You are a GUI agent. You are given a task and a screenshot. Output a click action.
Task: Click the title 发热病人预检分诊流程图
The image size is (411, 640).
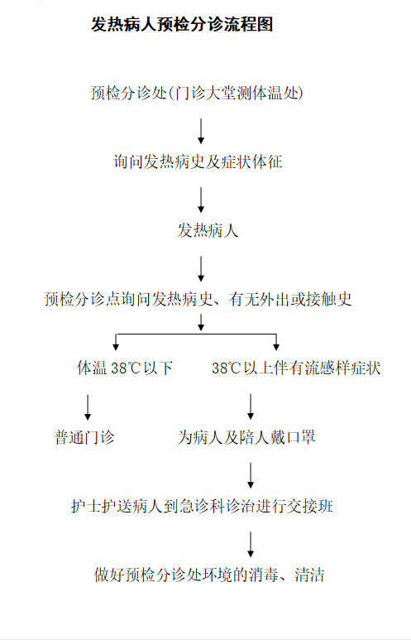tap(182, 25)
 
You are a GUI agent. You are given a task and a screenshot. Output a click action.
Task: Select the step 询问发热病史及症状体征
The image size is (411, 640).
tap(198, 161)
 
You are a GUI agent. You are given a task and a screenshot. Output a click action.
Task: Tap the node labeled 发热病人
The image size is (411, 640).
tap(208, 230)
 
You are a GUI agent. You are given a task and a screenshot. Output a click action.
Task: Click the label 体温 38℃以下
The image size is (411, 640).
tap(125, 368)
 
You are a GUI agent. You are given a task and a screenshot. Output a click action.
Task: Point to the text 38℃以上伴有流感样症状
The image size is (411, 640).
tap(296, 368)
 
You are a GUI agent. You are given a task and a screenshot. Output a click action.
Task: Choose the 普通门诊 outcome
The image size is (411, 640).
tap(84, 437)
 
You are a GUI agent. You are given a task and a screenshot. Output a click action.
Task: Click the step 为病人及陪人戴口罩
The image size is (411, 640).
tap(246, 437)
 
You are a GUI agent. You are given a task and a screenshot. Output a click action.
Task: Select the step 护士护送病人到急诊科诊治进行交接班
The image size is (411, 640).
tap(202, 506)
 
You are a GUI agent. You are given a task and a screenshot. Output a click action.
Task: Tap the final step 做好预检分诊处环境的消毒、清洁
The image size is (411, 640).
tap(209, 575)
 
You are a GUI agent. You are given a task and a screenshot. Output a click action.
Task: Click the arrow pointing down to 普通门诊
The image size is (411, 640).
tap(88, 407)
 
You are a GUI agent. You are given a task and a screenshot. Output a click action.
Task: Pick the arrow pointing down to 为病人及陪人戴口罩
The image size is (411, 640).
tap(251, 407)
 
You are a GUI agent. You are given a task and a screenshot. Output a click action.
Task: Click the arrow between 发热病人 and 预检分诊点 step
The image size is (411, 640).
tap(201, 269)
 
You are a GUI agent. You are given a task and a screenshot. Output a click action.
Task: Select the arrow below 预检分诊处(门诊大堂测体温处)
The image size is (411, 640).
tap(201, 131)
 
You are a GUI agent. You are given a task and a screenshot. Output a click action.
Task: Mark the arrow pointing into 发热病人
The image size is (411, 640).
tap(201, 200)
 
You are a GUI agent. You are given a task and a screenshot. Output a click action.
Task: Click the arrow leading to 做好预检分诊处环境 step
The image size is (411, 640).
tap(251, 545)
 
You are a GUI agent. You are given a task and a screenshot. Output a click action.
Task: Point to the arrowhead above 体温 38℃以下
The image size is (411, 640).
tap(117, 347)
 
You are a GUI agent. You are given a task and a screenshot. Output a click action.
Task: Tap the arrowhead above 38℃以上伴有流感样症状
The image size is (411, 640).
tap(276, 347)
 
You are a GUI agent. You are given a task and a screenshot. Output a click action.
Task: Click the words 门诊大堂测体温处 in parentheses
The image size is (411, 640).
tap(236, 93)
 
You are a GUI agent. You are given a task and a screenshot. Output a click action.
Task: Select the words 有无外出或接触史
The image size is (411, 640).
tap(290, 299)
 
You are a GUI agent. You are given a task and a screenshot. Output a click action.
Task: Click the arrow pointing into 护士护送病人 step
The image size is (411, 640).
tap(251, 475)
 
